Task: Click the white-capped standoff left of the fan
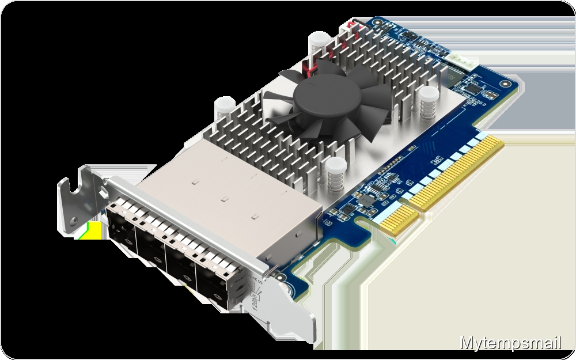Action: pyautogui.click(x=222, y=107)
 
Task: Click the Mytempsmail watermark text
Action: pyautogui.click(x=510, y=344)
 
